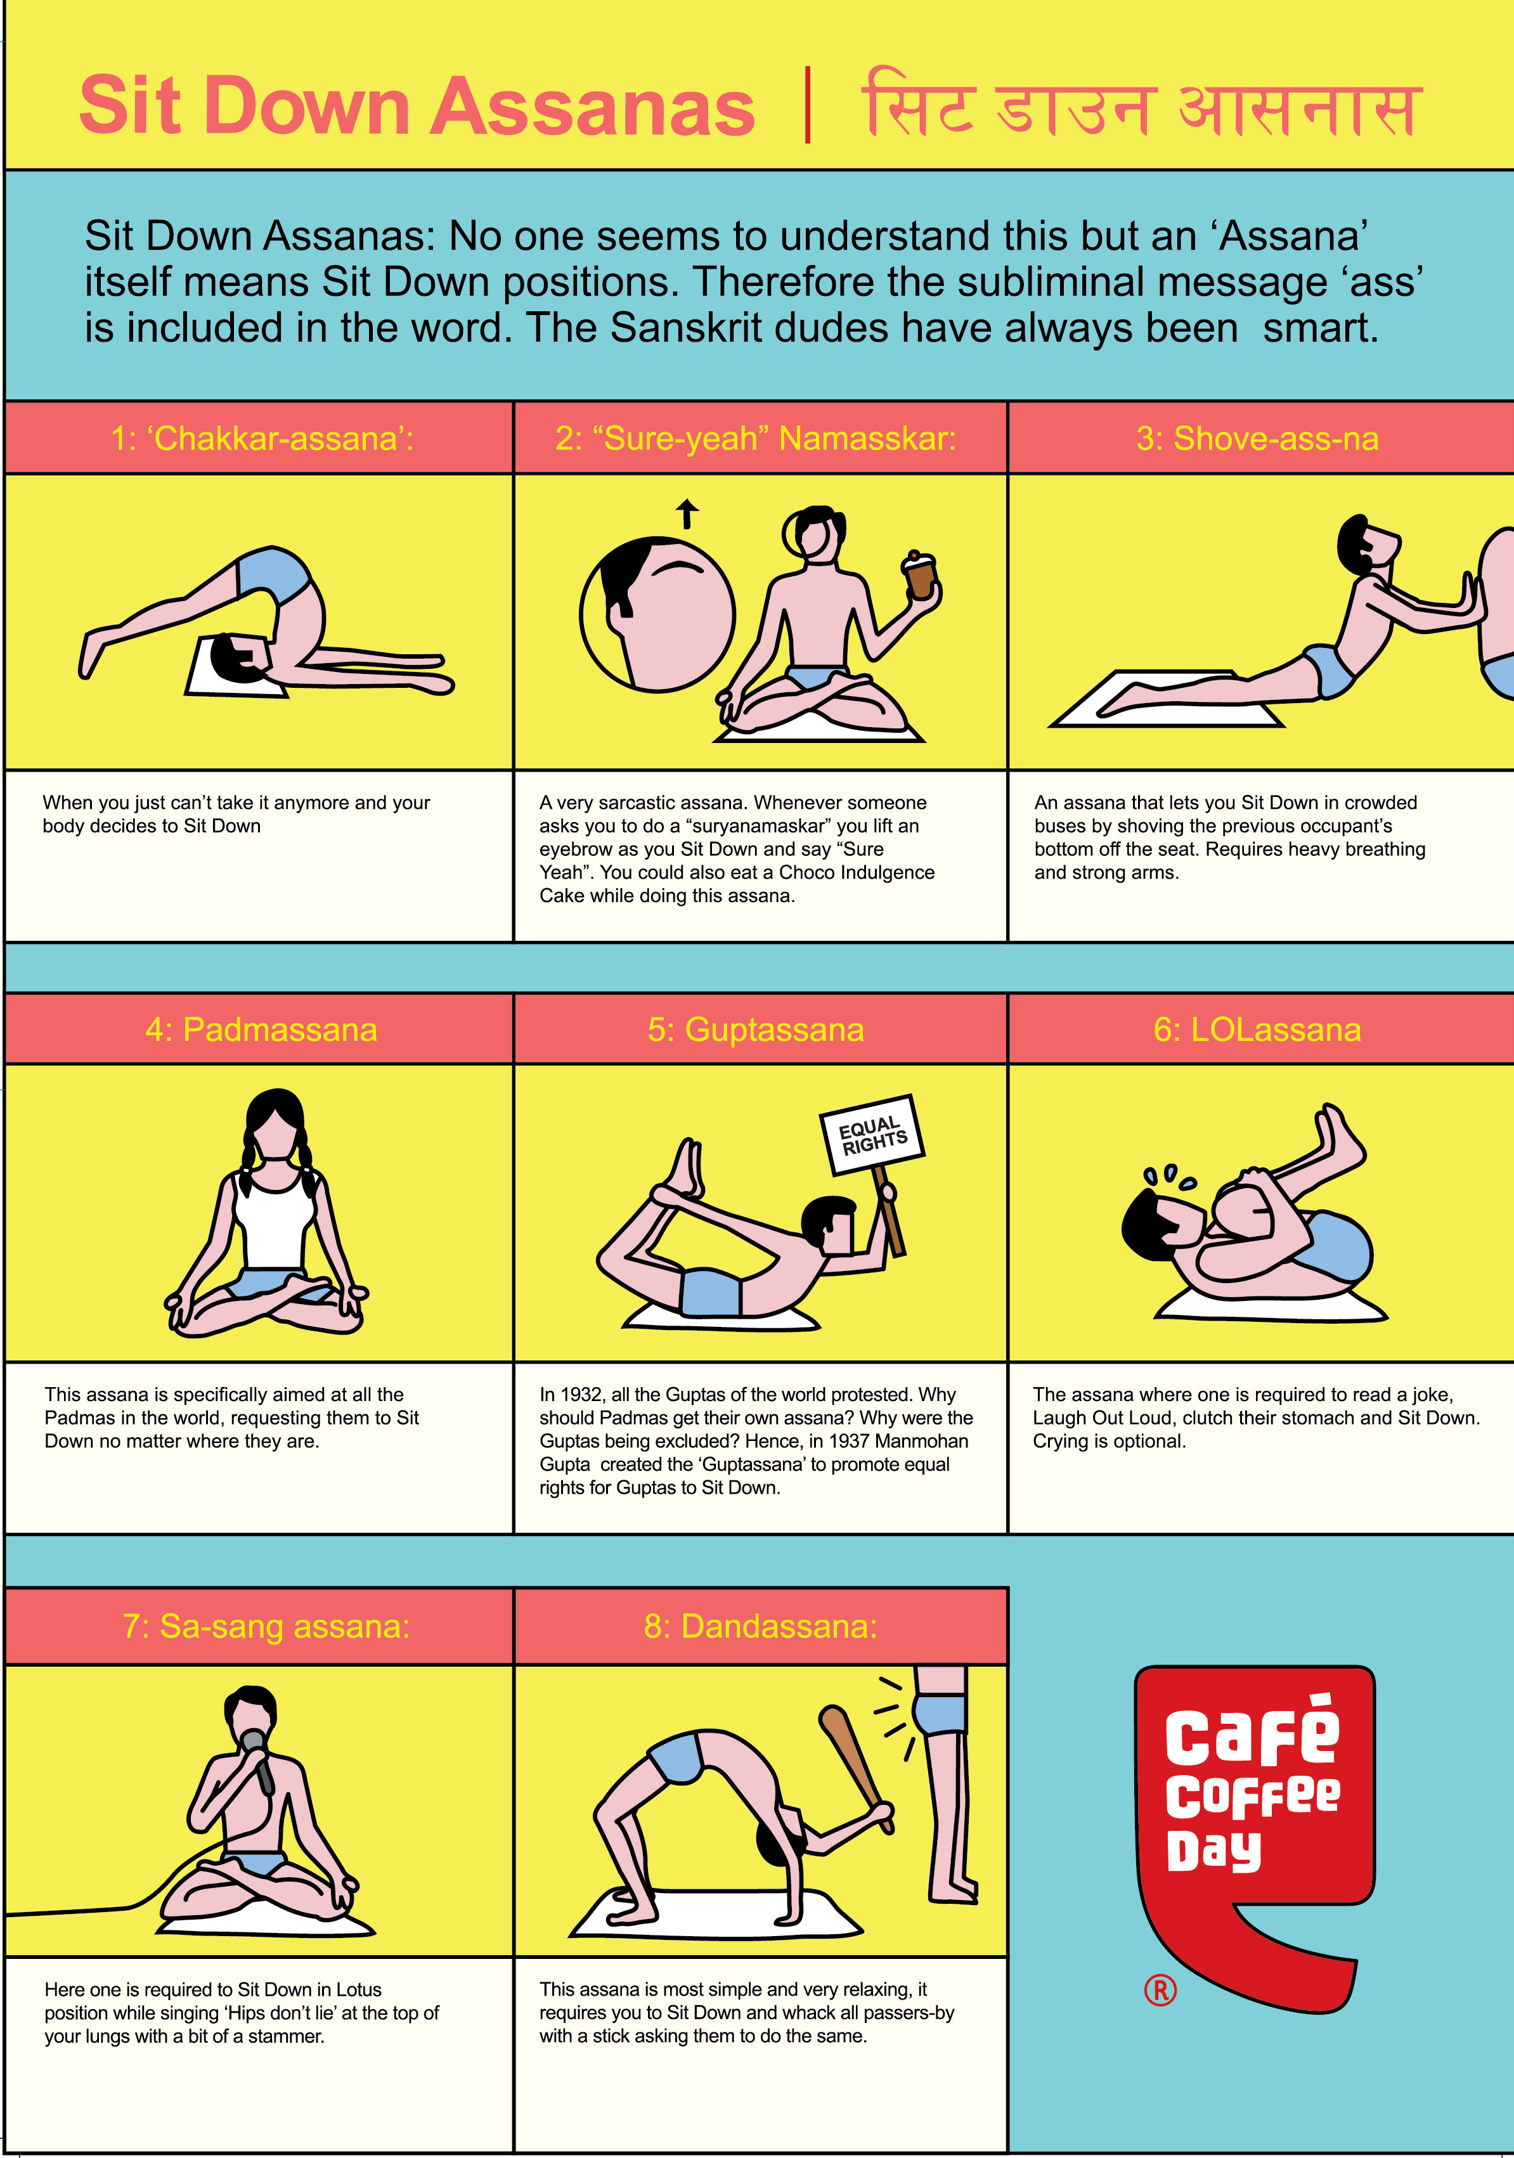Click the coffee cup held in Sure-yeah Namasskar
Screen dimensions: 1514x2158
coord(920,575)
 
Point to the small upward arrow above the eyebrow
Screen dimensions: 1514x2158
coord(688,513)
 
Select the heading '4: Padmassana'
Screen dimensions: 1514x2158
coord(261,1029)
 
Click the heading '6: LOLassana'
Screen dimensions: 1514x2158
coord(1257,1029)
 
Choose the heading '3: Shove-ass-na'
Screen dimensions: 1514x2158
coord(1257,438)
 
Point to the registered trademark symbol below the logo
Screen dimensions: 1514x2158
coord(1161,1990)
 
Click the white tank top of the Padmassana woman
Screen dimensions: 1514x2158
coord(275,1219)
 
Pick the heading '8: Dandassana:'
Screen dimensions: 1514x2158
coord(760,1626)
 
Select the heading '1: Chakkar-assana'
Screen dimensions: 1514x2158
coord(262,438)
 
